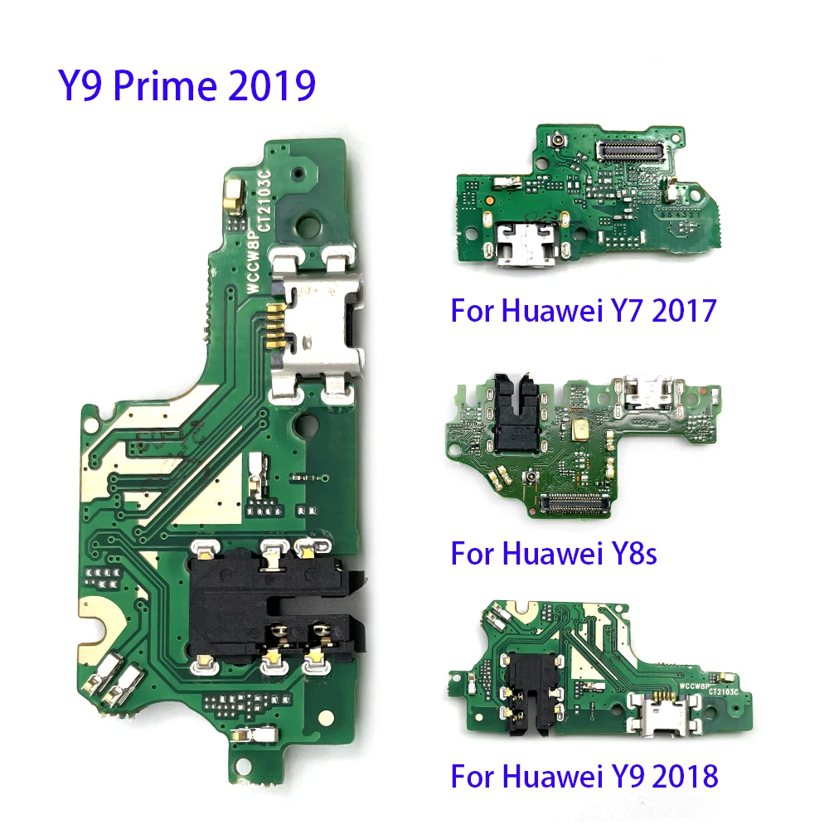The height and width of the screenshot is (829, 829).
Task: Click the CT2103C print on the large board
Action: (x=267, y=203)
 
